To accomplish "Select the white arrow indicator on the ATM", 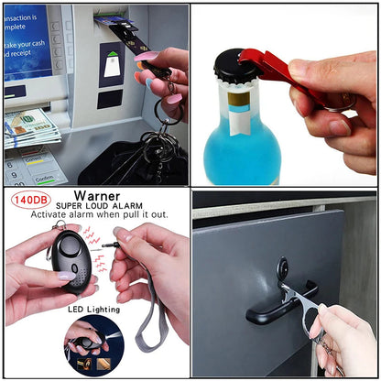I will pyautogui.click(x=112, y=65).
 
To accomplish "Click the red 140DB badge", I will pyautogui.click(x=29, y=199).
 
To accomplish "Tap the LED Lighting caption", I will pyautogui.click(x=93, y=309).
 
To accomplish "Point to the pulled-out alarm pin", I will pyautogui.click(x=112, y=245).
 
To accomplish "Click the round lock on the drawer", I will pyautogui.click(x=283, y=271).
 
